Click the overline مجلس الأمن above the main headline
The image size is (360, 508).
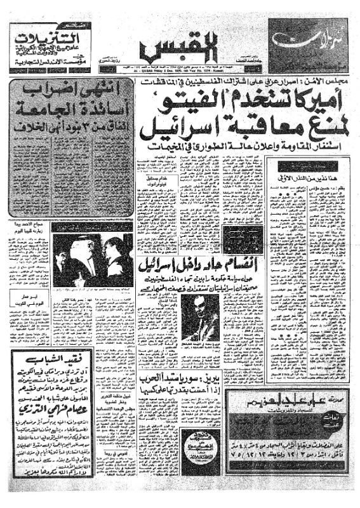coord(331,84)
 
